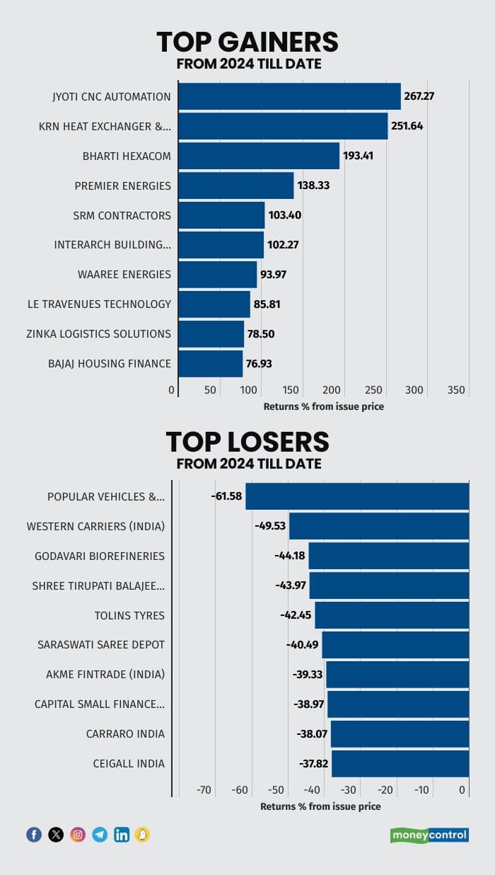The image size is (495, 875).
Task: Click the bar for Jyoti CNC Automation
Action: click(x=289, y=96)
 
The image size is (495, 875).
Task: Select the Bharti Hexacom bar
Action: click(x=259, y=156)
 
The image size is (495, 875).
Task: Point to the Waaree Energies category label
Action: click(x=124, y=274)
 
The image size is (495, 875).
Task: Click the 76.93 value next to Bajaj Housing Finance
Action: click(x=259, y=364)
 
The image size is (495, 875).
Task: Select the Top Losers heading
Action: click(x=248, y=442)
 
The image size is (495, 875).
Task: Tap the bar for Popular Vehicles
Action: click(x=357, y=496)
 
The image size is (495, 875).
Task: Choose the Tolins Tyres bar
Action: click(x=392, y=615)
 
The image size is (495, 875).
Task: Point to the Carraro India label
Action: click(x=130, y=733)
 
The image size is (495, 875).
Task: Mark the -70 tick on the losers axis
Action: click(x=204, y=790)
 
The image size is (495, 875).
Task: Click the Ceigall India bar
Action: click(x=400, y=763)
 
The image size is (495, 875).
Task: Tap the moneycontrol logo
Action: click(x=429, y=835)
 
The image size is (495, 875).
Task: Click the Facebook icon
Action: click(x=34, y=835)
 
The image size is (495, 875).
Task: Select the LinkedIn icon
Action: click(x=122, y=835)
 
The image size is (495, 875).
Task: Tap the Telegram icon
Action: click(x=100, y=835)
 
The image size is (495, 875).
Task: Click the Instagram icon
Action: click(x=78, y=835)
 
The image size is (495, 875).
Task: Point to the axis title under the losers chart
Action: click(x=320, y=806)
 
